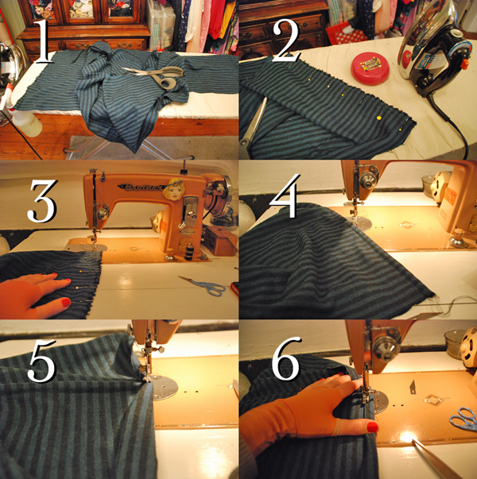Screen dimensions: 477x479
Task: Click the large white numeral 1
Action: pyautogui.click(x=44, y=41)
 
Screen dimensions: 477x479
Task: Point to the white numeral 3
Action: pyautogui.click(x=42, y=201)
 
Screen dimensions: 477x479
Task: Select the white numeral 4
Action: pyautogui.click(x=285, y=196)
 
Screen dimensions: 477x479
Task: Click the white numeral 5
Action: pyautogui.click(x=42, y=360)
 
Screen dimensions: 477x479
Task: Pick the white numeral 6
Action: pyautogui.click(x=286, y=358)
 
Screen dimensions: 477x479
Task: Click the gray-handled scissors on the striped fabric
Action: pyautogui.click(x=155, y=76)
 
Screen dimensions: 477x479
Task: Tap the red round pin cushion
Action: pyautogui.click(x=370, y=68)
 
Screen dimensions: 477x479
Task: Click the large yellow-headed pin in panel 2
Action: pyautogui.click(x=379, y=118)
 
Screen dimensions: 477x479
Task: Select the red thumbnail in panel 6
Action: pyautogui.click(x=372, y=427)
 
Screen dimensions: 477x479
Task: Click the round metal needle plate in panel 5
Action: pyautogui.click(x=165, y=388)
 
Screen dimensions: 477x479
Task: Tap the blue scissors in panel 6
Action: pyautogui.click(x=464, y=419)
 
